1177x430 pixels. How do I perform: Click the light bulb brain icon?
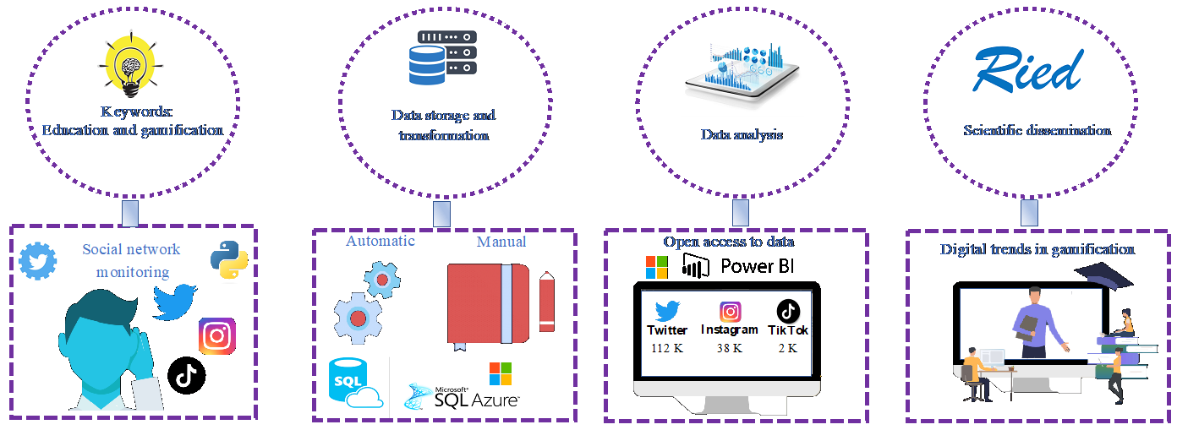[x=131, y=63]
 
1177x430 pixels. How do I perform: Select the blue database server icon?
[x=442, y=59]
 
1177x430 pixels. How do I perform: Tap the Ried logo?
[x=1027, y=70]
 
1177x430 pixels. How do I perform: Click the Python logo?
[x=227, y=259]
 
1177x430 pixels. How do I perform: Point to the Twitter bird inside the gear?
[x=37, y=260]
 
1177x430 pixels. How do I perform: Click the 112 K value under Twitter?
[x=667, y=347]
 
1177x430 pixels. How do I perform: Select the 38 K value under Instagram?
[x=729, y=347]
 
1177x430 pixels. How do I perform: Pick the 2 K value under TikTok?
[x=787, y=347]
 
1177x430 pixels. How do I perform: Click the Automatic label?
[x=380, y=241]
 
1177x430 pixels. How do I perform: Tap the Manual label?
[x=501, y=242]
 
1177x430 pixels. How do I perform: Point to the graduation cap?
[x=1103, y=275]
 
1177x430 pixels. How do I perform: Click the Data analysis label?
[x=742, y=134]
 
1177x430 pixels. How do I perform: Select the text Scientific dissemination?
[x=1037, y=130]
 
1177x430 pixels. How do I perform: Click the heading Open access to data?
[x=728, y=242]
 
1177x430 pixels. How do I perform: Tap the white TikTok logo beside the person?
[x=186, y=375]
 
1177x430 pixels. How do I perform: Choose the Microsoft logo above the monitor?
[x=656, y=267]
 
